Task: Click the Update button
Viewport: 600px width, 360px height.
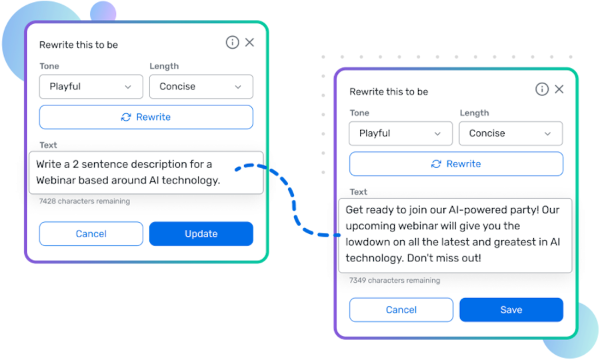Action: tap(201, 234)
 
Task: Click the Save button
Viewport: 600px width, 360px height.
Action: tap(511, 309)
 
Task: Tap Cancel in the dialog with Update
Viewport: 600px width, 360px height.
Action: tap(91, 234)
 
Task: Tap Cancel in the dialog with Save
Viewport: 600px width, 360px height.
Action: tap(401, 309)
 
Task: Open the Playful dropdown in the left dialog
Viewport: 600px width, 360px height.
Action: tap(91, 87)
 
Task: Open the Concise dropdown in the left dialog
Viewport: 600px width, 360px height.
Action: tap(201, 87)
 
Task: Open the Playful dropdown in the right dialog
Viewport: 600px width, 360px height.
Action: tap(401, 133)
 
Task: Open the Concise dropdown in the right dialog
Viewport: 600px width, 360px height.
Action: tap(511, 133)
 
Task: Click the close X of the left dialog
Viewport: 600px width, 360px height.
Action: tap(249, 43)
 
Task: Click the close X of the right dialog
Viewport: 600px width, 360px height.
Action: tap(559, 89)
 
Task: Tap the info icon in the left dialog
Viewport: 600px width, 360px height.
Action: tap(232, 43)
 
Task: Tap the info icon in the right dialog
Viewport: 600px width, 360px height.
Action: tap(542, 89)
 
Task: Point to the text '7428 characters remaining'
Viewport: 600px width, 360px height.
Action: tap(85, 201)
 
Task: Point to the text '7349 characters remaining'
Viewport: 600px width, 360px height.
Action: tap(395, 281)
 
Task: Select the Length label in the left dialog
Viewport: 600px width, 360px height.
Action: tap(164, 66)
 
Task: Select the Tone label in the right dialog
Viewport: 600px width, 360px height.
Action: tap(359, 113)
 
